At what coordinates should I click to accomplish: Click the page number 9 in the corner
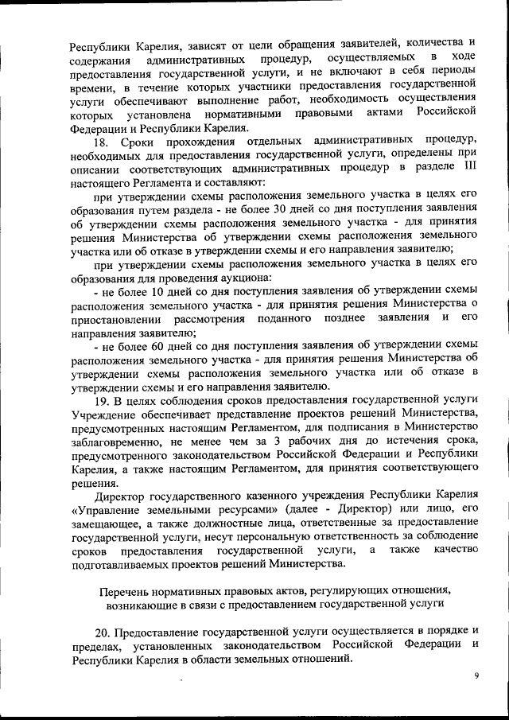coord(476,675)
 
